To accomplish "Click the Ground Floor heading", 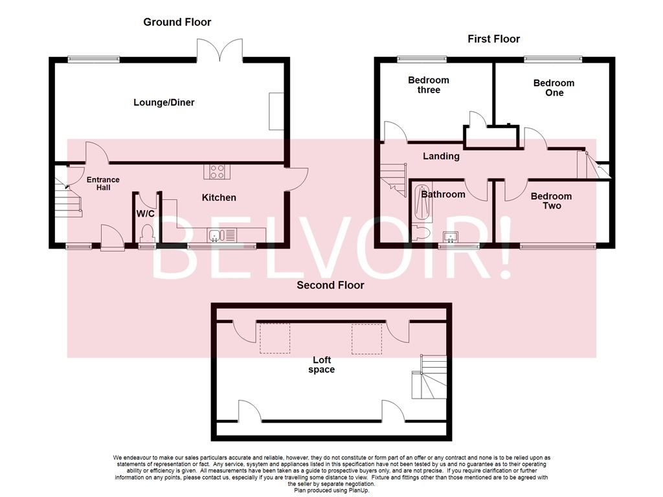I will (177, 22).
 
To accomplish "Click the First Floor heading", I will (493, 39).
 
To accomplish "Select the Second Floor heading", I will (330, 285).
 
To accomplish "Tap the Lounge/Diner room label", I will (164, 102).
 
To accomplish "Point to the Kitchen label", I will (219, 197).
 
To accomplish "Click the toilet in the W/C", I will (146, 233).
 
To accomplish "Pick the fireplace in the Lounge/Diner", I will (276, 111).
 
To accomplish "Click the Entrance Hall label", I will (103, 184).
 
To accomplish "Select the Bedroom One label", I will (554, 87).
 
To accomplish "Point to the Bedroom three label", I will (428, 85).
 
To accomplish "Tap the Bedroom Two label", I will (551, 201).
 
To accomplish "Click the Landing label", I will (441, 156).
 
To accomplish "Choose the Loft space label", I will (321, 365).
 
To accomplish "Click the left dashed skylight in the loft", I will (275, 338).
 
